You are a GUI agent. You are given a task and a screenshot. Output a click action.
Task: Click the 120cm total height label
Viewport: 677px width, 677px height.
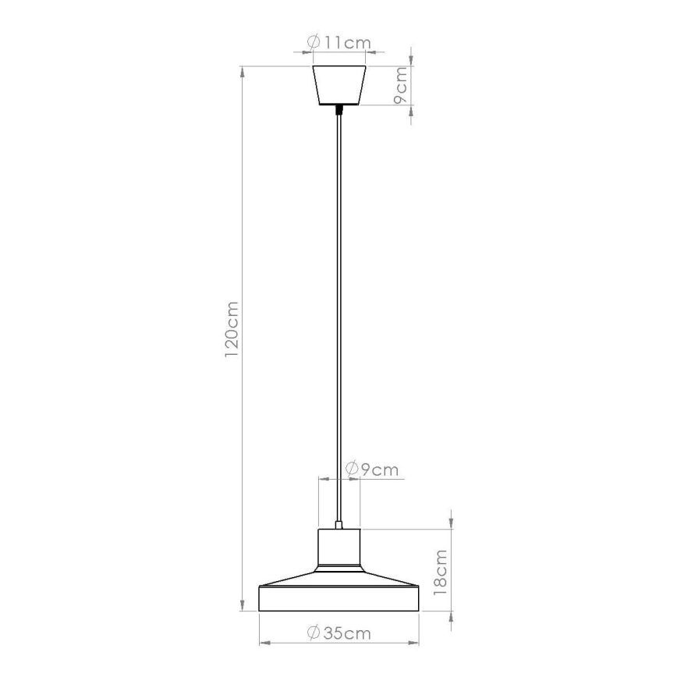click(x=232, y=330)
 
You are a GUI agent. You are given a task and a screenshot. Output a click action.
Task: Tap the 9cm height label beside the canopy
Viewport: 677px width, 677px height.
click(x=399, y=85)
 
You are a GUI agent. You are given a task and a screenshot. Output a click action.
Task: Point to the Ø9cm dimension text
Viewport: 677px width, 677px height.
click(x=371, y=470)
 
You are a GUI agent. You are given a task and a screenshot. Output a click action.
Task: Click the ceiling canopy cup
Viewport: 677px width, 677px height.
click(x=339, y=84)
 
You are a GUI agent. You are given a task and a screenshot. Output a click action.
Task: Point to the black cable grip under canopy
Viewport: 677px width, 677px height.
click(x=339, y=110)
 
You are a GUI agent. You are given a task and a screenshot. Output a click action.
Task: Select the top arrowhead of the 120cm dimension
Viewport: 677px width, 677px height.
click(x=243, y=72)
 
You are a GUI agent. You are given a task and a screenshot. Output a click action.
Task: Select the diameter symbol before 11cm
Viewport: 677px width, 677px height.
click(x=314, y=43)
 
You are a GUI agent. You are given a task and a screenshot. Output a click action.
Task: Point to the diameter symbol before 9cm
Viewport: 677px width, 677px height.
click(x=351, y=470)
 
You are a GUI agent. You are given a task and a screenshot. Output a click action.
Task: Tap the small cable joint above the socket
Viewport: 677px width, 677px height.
click(x=339, y=525)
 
